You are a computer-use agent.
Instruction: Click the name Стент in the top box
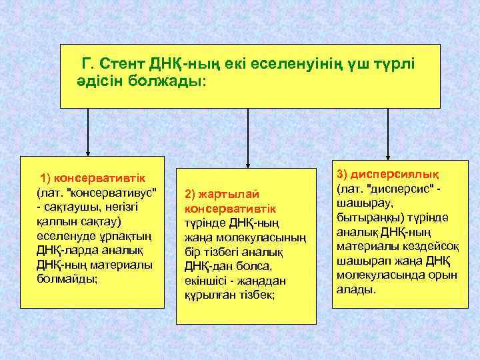124,63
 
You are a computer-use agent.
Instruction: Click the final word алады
356,290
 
